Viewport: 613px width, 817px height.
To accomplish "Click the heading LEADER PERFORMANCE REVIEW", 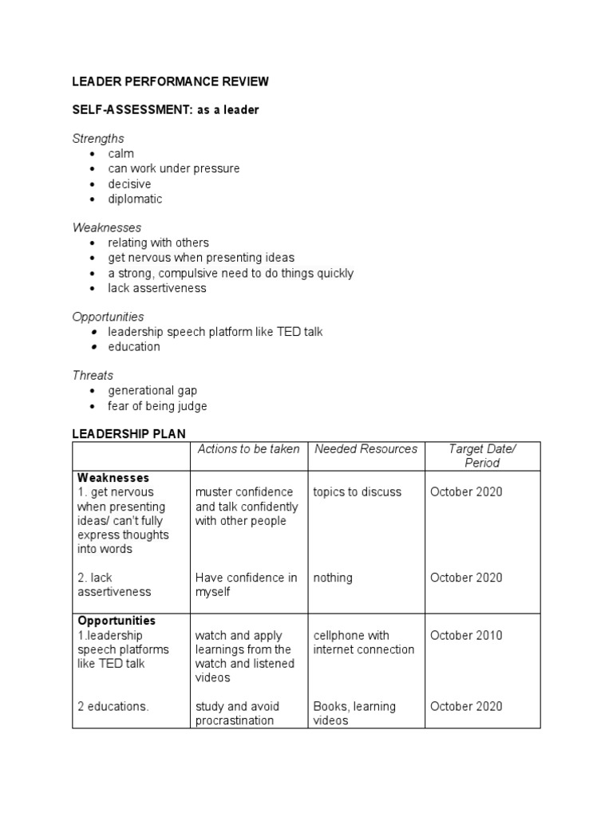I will pos(170,81).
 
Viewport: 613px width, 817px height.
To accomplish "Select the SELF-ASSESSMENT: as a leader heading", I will pos(165,110).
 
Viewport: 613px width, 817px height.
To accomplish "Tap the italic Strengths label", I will pos(98,139).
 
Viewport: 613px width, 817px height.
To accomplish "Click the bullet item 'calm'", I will pos(121,153).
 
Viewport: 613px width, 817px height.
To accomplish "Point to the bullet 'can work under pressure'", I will pos(173,168).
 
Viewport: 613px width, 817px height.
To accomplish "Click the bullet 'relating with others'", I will pos(158,243).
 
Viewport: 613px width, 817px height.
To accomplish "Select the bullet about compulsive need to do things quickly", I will pos(231,273).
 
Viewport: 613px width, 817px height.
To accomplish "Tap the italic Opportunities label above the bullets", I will pos(108,317).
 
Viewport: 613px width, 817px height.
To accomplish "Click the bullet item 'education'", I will pos(134,346).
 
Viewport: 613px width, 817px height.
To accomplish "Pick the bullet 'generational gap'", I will pos(152,390).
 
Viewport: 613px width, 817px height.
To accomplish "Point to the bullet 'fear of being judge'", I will pos(157,406).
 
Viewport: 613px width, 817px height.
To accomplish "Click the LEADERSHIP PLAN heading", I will pos(129,433).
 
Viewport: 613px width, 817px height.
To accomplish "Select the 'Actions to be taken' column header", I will pos(248,449).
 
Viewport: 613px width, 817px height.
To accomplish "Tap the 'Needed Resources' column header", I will pos(366,449).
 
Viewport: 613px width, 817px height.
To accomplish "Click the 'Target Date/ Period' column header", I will pos(482,456).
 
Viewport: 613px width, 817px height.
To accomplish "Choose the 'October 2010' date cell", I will pos(466,636).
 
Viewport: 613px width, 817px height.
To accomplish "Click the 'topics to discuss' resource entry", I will pos(357,491).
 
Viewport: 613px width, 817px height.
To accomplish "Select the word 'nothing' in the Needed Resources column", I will pos(333,578).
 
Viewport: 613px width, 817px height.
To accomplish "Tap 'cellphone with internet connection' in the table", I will pos(363,642).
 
